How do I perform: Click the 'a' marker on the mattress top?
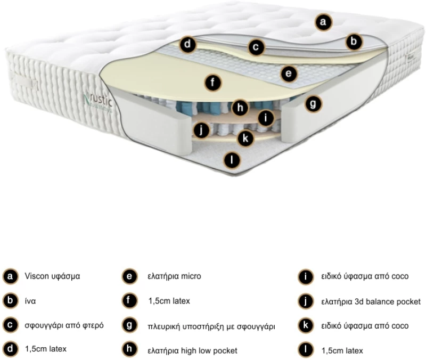323,22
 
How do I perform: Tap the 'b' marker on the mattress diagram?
354,42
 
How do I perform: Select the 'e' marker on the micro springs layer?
289,73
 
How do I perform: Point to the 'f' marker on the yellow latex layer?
212,83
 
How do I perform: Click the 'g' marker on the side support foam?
313,103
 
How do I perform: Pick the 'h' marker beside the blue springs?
240,108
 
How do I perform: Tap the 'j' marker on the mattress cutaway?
201,130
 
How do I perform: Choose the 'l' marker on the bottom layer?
232,160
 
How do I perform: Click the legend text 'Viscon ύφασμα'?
52,276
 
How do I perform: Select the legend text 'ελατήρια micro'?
175,276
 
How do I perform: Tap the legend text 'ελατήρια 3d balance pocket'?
371,301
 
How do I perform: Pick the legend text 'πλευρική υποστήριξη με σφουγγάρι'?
211,326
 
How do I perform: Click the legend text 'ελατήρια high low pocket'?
192,351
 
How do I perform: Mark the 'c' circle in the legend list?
10,325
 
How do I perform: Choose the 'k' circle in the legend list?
306,325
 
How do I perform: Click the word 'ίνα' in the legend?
30,301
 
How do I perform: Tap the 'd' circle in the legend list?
10,349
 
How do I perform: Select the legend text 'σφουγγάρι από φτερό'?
64,325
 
